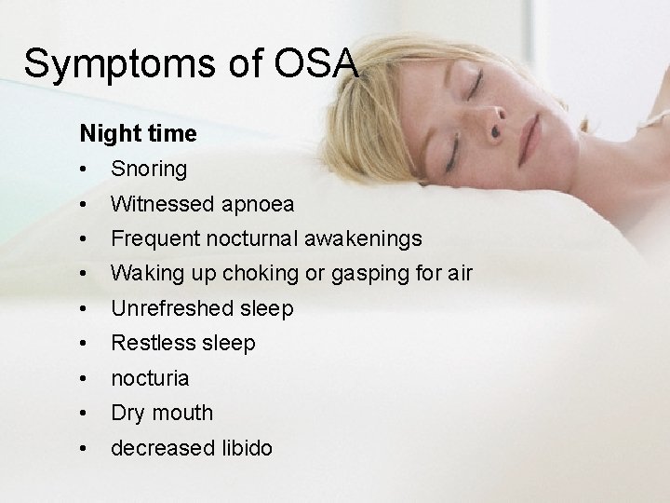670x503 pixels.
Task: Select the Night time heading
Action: [x=138, y=134]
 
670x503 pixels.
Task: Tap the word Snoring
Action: [x=149, y=170]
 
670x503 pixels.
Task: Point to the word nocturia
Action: [x=150, y=378]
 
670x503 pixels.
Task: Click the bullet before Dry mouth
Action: [x=85, y=413]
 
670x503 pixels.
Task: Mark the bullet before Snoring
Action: [x=85, y=170]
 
